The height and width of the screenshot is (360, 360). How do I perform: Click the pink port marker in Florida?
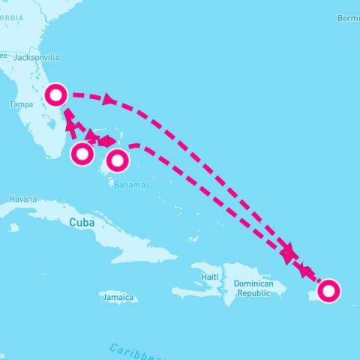(56, 94)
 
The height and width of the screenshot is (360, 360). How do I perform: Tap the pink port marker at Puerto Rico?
(328, 290)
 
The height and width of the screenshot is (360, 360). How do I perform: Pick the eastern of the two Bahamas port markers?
(118, 160)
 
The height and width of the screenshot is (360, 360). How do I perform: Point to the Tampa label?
(21, 105)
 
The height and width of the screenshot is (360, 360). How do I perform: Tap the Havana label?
(22, 199)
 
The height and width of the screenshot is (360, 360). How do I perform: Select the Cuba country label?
(83, 223)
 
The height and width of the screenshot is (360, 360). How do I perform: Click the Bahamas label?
(131, 184)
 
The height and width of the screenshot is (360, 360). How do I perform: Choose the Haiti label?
(210, 277)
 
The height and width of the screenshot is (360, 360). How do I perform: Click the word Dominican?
(253, 283)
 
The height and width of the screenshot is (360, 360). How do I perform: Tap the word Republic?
(253, 293)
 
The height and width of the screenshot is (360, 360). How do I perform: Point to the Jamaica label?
(120, 298)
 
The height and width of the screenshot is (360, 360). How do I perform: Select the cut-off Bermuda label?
(349, 17)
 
